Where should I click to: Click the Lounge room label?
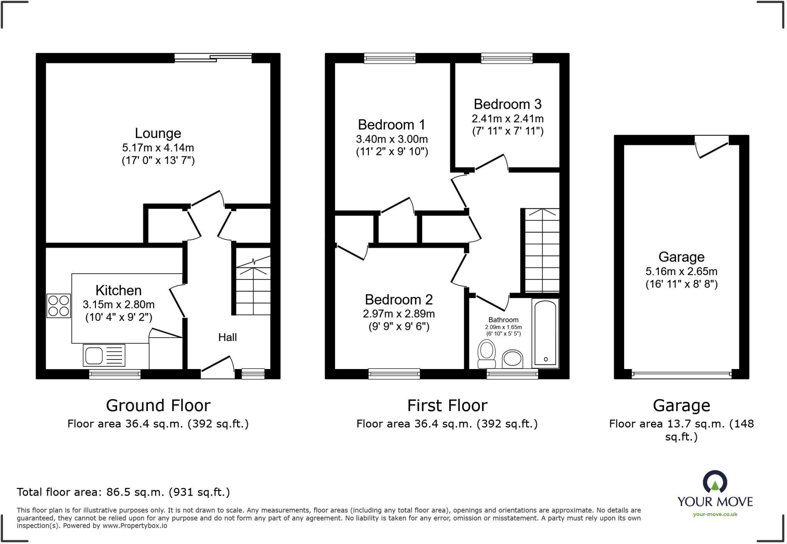tap(158, 133)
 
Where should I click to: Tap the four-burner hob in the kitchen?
tap(58, 306)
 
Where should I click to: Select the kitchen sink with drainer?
tap(104, 355)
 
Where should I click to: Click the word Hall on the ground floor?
tap(227, 337)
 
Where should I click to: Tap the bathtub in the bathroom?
tap(545, 333)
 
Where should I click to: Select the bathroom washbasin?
tap(512, 359)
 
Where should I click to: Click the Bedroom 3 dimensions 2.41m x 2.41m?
tap(508, 118)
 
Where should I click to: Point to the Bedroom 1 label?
tap(391, 125)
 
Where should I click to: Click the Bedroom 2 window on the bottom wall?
tap(394, 373)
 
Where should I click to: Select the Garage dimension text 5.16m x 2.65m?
tap(681, 271)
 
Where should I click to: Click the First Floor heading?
tap(447, 406)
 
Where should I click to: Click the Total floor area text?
tap(123, 492)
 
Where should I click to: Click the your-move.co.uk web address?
tap(715, 514)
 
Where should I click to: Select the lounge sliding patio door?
tap(213, 58)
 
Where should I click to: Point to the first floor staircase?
tap(542, 251)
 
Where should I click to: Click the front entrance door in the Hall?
tap(218, 368)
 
